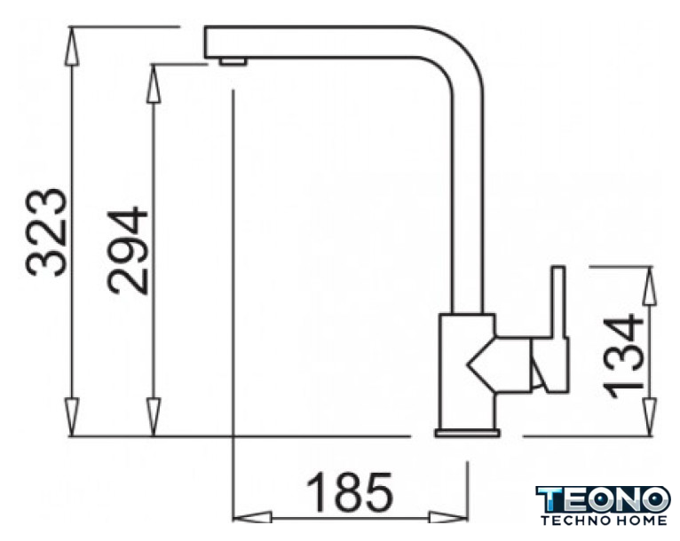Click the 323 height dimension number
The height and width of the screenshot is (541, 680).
47,232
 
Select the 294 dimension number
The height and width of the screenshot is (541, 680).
128,251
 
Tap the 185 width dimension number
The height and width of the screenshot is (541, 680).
350,492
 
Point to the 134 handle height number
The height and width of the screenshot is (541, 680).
623,355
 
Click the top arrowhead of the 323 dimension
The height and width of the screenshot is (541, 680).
72,46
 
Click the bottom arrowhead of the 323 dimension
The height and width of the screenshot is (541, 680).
72,417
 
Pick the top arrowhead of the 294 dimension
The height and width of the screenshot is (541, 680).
153,83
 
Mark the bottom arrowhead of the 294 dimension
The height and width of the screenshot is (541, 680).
153,417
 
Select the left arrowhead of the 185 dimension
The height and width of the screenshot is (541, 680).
252,517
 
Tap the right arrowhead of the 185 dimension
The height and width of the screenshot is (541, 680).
448,517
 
